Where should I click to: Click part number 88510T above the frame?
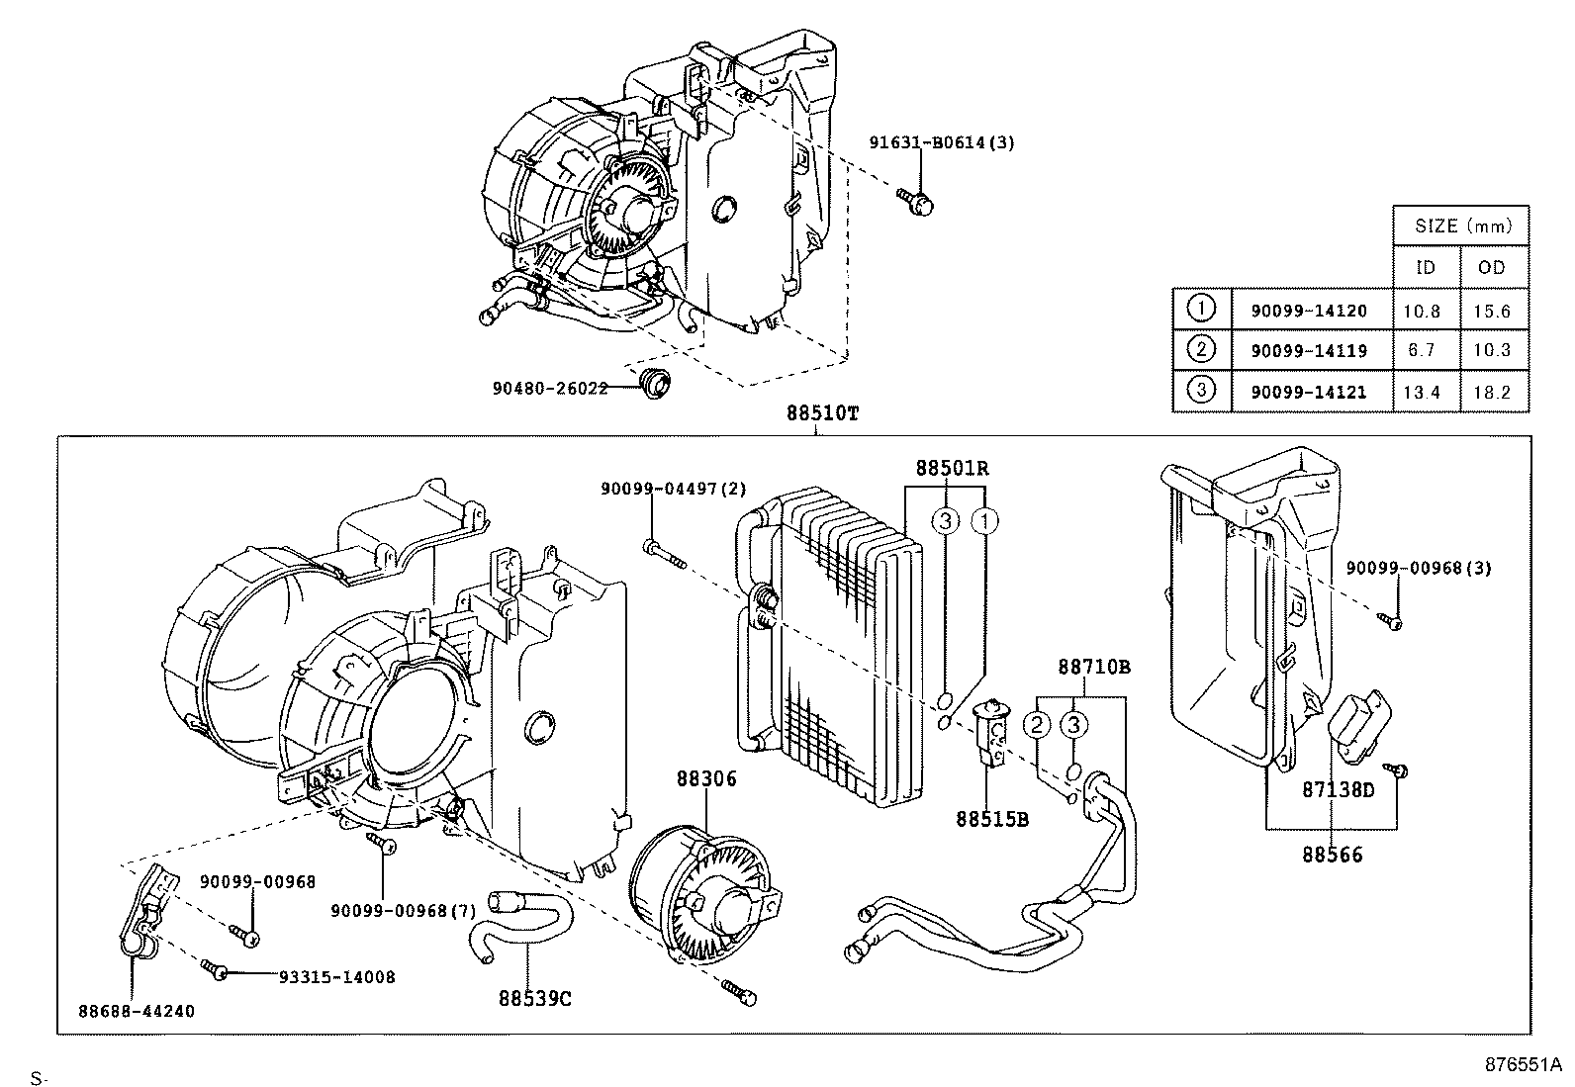(x=822, y=414)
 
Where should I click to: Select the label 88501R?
(x=951, y=467)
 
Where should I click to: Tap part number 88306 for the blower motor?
(x=706, y=779)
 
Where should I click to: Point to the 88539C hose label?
(x=535, y=998)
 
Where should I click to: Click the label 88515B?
(x=992, y=819)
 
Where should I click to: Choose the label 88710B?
(x=1093, y=668)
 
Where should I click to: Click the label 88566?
(x=1332, y=855)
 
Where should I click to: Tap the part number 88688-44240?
(x=137, y=1012)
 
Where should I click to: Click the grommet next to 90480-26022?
(x=654, y=383)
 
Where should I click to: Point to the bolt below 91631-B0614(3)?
(x=920, y=201)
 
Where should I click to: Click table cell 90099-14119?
(x=1309, y=350)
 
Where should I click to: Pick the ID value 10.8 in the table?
(x=1421, y=311)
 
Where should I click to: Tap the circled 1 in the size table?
(x=1200, y=309)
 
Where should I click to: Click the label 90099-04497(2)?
(x=674, y=489)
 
